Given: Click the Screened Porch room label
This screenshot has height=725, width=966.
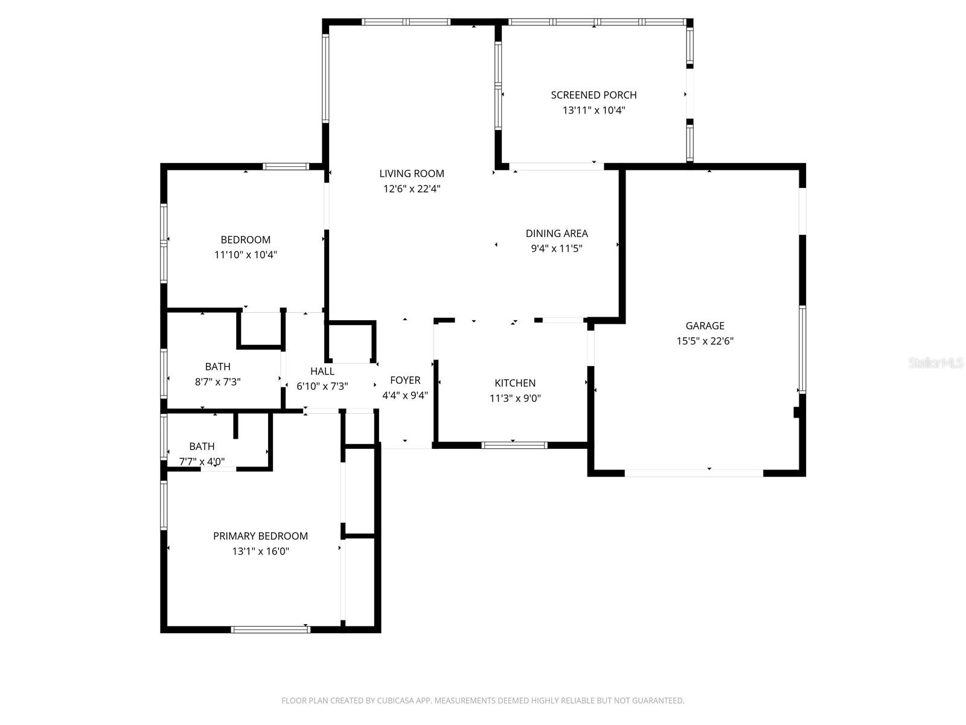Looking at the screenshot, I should pos(593,95).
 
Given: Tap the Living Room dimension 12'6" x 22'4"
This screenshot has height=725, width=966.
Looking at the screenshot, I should pos(412,188).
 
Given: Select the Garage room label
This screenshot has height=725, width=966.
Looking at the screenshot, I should pos(705,326).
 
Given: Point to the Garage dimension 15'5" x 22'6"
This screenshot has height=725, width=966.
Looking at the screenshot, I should pos(705,341).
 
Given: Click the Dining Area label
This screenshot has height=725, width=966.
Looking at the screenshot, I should pos(556,233).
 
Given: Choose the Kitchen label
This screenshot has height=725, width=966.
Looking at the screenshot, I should pos(515,383).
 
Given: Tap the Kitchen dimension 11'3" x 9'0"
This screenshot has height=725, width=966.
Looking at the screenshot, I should pos(515,398).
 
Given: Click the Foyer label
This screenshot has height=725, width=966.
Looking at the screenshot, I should pos(405,380).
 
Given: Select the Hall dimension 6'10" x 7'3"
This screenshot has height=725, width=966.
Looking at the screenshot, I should pos(322,386).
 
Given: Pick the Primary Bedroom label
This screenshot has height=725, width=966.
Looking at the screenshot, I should pos(260,536).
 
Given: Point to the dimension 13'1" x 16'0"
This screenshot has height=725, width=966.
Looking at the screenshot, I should pos(260,551).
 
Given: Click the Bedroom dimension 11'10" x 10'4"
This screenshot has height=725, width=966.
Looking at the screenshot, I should pos(245,254).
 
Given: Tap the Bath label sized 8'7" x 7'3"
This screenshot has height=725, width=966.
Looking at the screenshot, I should pos(217,367).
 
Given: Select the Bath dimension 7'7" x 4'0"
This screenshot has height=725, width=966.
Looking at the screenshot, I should pos(202,462).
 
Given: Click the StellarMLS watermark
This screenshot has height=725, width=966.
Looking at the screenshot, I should pos(935,362).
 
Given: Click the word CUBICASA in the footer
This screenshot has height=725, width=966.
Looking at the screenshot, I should pos(397,701).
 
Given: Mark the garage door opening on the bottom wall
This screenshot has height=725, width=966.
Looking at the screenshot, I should pos(694,473).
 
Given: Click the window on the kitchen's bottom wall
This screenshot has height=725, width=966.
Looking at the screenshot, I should pos(514,445).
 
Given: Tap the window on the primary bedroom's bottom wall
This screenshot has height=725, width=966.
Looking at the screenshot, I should pos(270,630).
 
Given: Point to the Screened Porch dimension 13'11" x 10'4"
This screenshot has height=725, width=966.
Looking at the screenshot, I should pos(593,110).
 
